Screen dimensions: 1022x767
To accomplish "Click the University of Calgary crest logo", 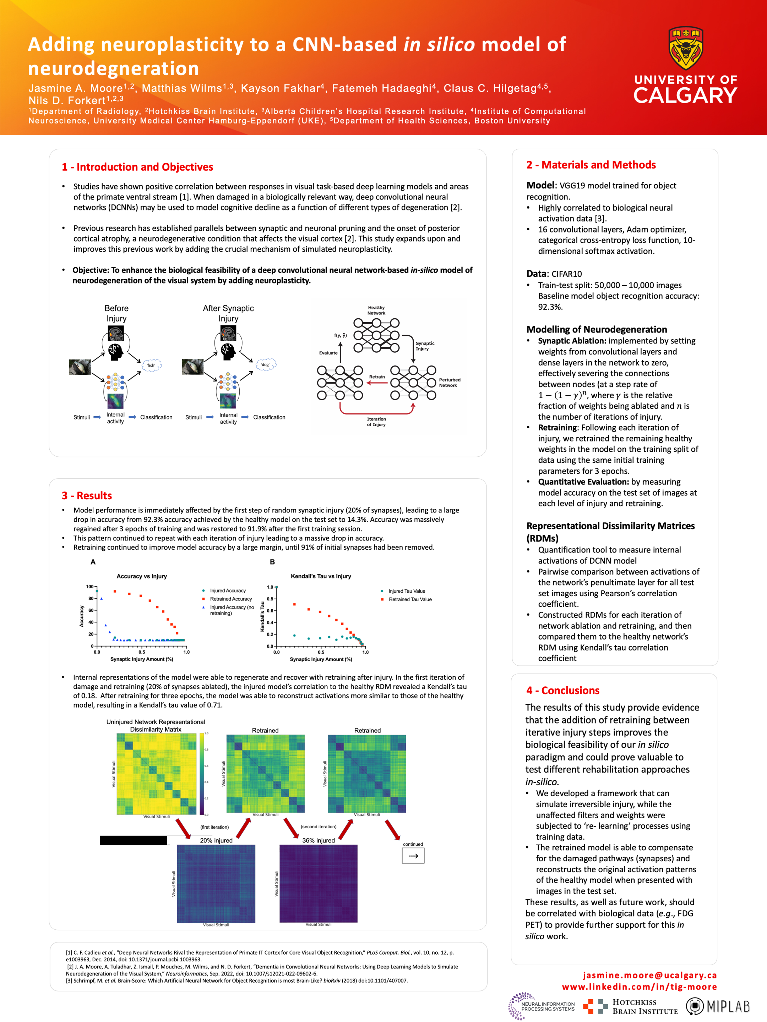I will pyautogui.click(x=685, y=49).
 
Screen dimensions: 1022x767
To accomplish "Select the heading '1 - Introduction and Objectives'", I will pyautogui.click(x=137, y=167).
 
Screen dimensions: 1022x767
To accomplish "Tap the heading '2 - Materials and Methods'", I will pyautogui.click(x=591, y=165).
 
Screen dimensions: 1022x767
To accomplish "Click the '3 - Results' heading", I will pyautogui.click(x=87, y=495).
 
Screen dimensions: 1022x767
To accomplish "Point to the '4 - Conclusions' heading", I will pyautogui.click(x=563, y=690).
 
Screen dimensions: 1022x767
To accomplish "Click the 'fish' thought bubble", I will pyautogui.click(x=151, y=366).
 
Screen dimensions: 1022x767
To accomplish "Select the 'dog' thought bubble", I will pyautogui.click(x=265, y=364).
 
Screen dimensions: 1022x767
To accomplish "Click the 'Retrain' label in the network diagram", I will pyautogui.click(x=377, y=377).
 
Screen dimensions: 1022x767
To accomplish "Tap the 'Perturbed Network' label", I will pyautogui.click(x=450, y=383).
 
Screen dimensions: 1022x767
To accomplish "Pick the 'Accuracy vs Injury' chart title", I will pyautogui.click(x=141, y=576).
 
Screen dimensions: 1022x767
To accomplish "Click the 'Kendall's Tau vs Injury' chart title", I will pyautogui.click(x=321, y=576).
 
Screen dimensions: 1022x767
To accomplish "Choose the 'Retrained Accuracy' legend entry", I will pyautogui.click(x=231, y=599).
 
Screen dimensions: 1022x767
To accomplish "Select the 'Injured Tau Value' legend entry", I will pyautogui.click(x=406, y=591).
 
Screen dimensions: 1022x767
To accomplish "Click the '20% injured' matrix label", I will pyautogui.click(x=216, y=840).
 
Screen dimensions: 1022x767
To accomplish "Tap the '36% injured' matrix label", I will pyautogui.click(x=319, y=840).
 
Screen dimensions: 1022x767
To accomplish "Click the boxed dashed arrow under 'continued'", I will pyautogui.click(x=413, y=856).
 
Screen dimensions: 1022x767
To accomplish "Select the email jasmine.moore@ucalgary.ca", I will pyautogui.click(x=649, y=975).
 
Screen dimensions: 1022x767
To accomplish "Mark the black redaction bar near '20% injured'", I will pyautogui.click(x=134, y=840).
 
